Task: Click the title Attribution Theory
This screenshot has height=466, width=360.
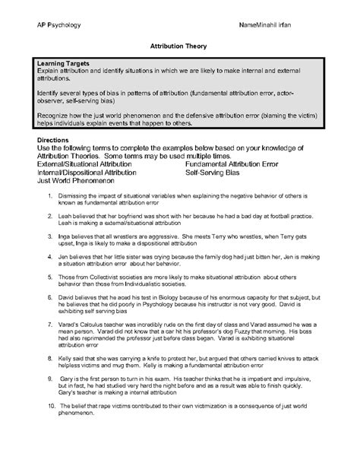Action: (x=180, y=46)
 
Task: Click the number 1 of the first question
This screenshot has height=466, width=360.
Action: (x=49, y=198)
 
